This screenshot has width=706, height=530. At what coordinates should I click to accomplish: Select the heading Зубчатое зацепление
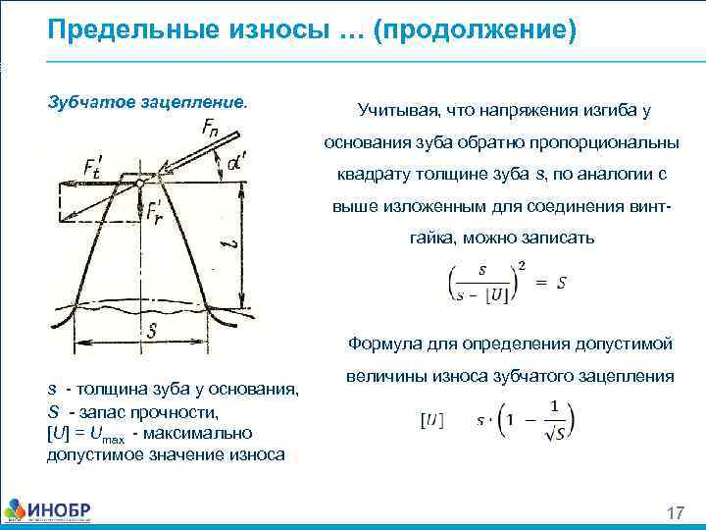(x=148, y=102)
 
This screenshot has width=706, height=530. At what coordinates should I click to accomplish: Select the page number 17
(x=674, y=513)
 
